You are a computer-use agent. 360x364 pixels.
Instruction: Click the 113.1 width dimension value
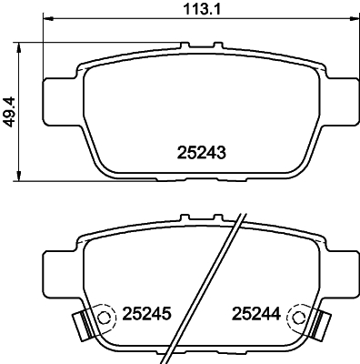tap(203, 9)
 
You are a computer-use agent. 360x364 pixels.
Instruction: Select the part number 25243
tap(202, 153)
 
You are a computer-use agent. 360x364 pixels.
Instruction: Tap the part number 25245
tap(147, 314)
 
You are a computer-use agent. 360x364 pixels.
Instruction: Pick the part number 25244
tap(256, 314)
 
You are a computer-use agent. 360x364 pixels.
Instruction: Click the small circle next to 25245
tap(105, 318)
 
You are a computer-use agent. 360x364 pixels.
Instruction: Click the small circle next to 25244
tap(298, 318)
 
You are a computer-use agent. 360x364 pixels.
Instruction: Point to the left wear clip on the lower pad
tap(82, 325)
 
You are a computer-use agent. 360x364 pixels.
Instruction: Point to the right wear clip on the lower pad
tap(321, 325)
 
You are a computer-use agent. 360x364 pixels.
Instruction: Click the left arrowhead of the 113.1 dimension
tap(48, 19)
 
